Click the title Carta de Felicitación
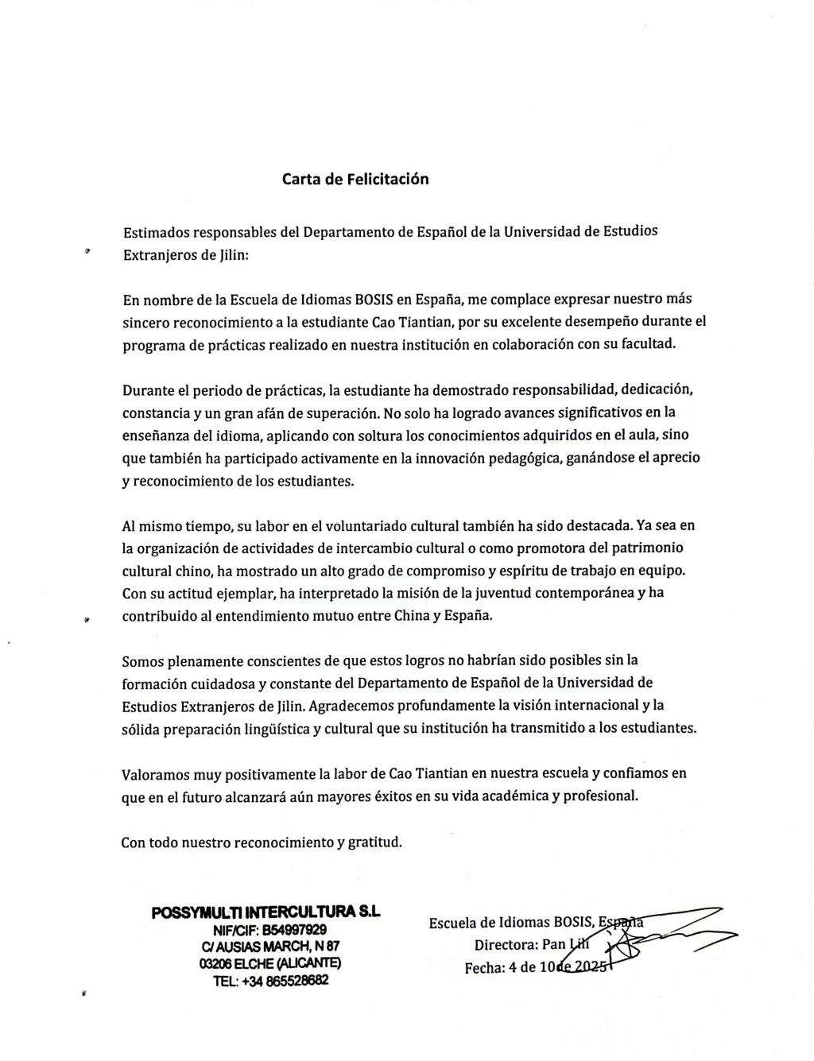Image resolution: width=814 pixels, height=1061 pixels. pos(355,179)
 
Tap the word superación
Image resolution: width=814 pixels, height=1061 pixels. pos(339,414)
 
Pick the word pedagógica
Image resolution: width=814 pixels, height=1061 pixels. pos(518,459)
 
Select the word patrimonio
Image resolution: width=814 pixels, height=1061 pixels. pos(645,548)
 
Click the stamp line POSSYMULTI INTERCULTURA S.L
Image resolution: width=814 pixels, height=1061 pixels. pos(266,913)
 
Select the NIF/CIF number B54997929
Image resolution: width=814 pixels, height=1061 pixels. pos(288,930)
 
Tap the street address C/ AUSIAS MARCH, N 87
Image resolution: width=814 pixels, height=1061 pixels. pos(271,947)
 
